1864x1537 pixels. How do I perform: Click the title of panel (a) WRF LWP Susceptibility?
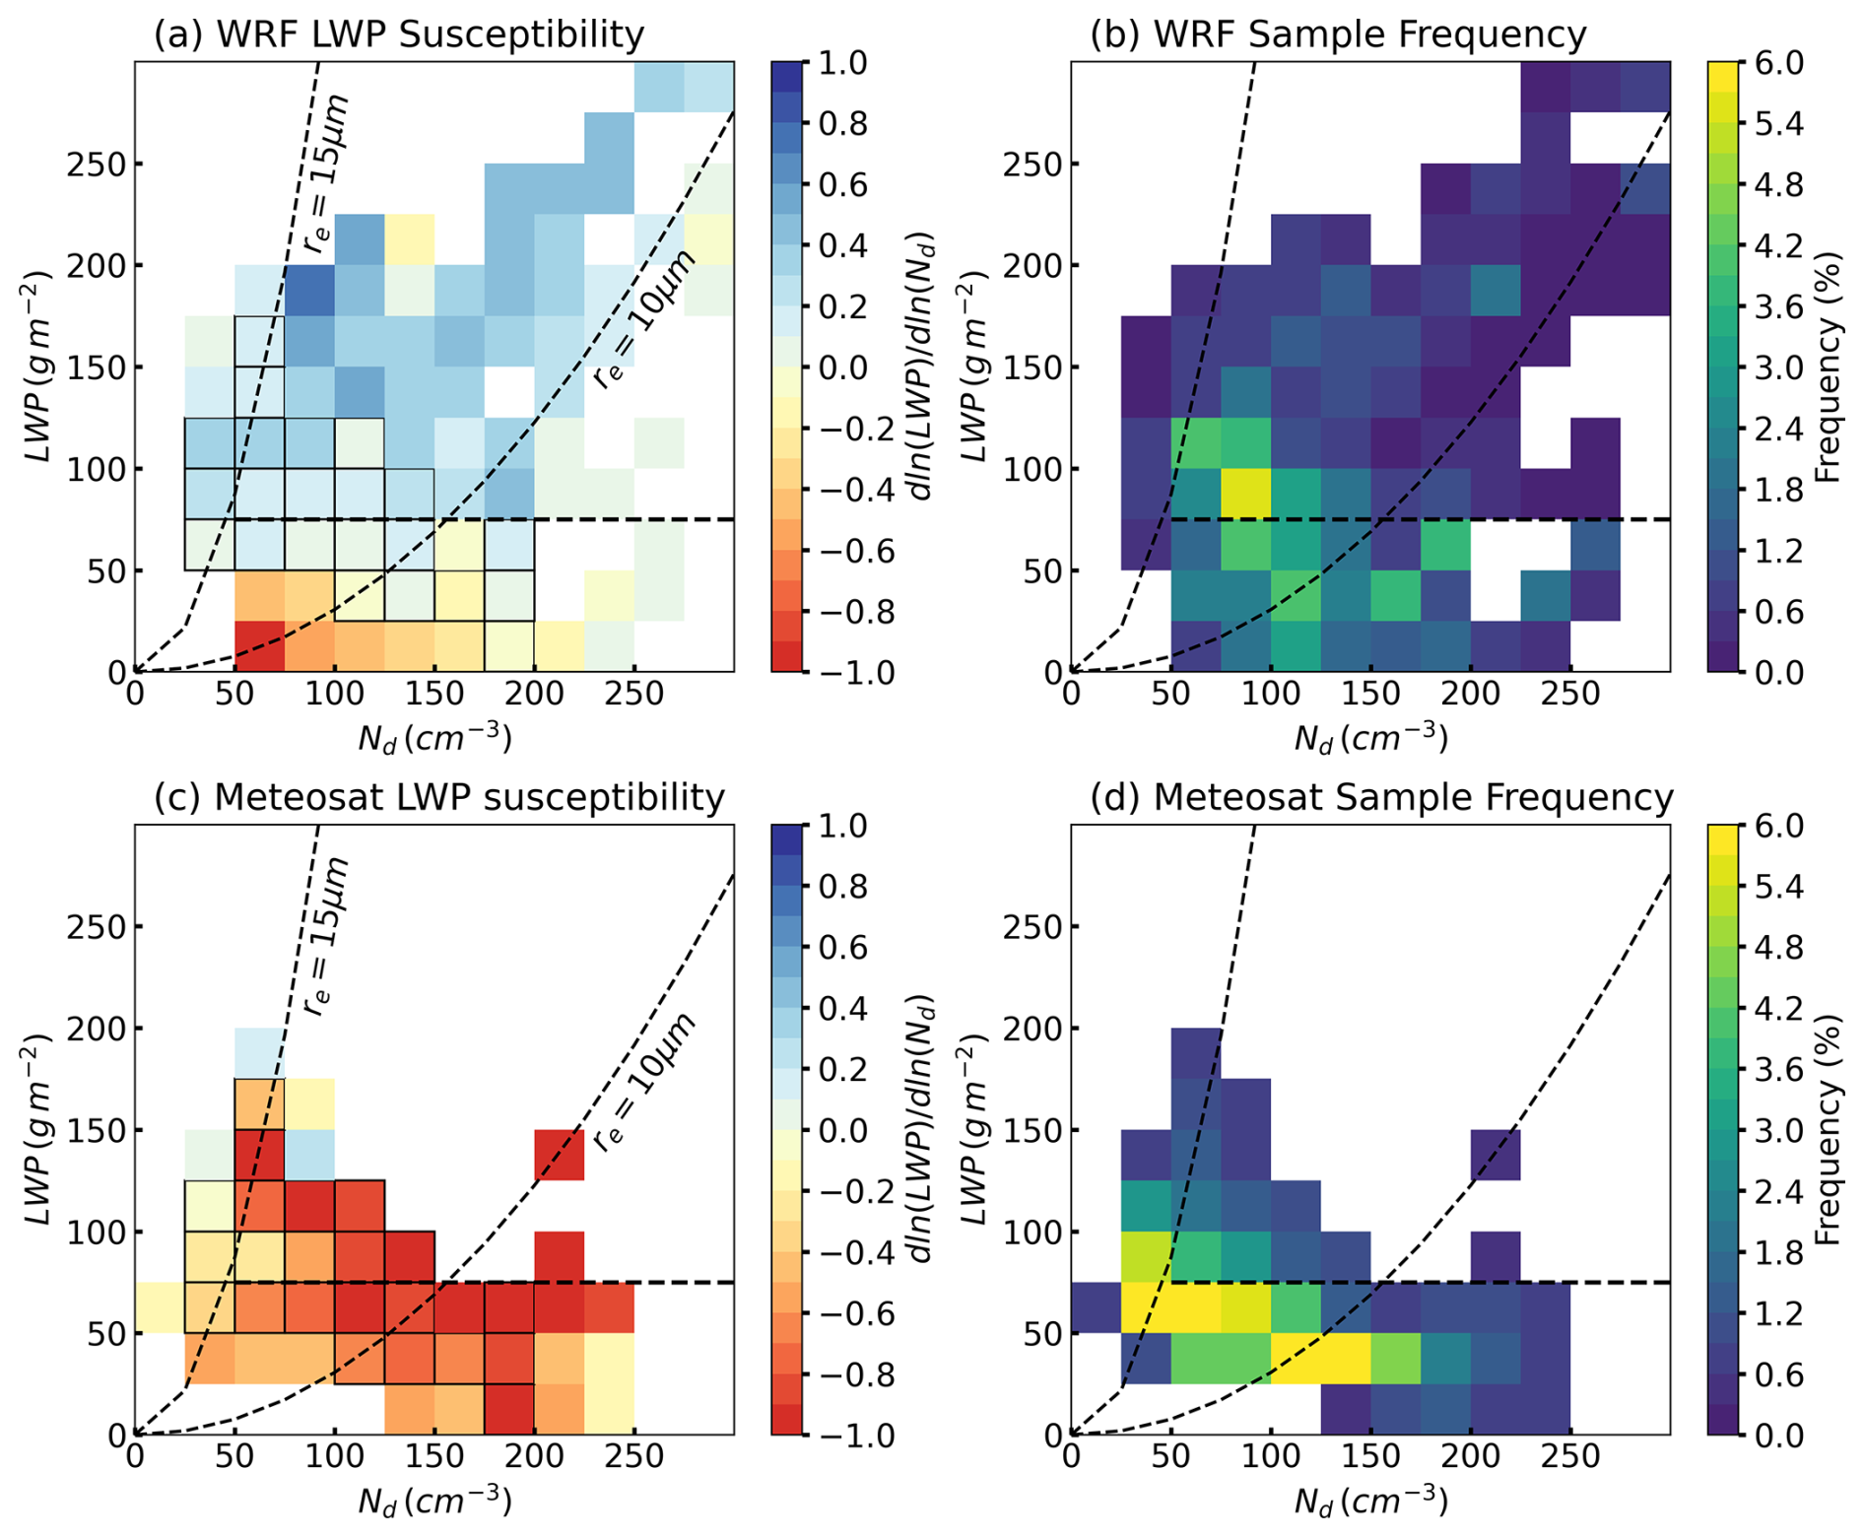(398, 34)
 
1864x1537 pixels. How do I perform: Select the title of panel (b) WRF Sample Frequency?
(1338, 34)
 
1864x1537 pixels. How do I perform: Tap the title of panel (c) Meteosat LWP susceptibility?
(439, 797)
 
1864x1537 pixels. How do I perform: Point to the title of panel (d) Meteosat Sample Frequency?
(1381, 797)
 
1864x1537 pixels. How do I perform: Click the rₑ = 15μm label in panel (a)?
(327, 174)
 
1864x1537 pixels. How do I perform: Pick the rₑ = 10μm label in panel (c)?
(645, 1081)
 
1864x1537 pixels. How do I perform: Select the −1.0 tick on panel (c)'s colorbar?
(837, 1435)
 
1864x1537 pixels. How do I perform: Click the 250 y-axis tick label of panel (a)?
(97, 164)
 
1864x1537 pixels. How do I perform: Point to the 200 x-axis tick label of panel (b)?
(1470, 695)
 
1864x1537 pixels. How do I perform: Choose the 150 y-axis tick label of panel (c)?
(97, 1130)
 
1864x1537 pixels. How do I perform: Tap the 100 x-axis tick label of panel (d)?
(1271, 1457)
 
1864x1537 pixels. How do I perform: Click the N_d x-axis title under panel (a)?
(434, 737)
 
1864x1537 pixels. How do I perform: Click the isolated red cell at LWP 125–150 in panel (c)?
(560, 1155)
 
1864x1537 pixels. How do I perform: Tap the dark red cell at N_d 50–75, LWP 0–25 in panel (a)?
(260, 646)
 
